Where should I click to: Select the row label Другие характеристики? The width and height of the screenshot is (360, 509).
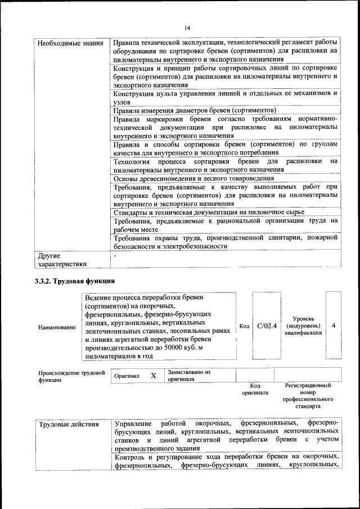(x=62, y=259)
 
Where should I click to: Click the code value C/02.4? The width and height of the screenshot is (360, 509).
(x=267, y=326)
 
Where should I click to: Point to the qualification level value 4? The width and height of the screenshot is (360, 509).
(x=334, y=326)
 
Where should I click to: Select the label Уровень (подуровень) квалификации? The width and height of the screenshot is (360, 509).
(x=303, y=326)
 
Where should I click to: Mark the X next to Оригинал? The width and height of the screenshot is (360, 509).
(x=152, y=375)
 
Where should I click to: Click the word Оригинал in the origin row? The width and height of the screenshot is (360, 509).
(x=127, y=375)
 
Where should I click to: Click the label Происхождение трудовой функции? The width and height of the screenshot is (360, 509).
(x=71, y=376)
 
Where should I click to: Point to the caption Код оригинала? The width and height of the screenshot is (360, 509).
(x=255, y=389)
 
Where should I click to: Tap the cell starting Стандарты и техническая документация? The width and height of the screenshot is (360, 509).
(x=209, y=212)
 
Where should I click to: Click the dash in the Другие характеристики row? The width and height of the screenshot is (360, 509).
(x=115, y=255)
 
